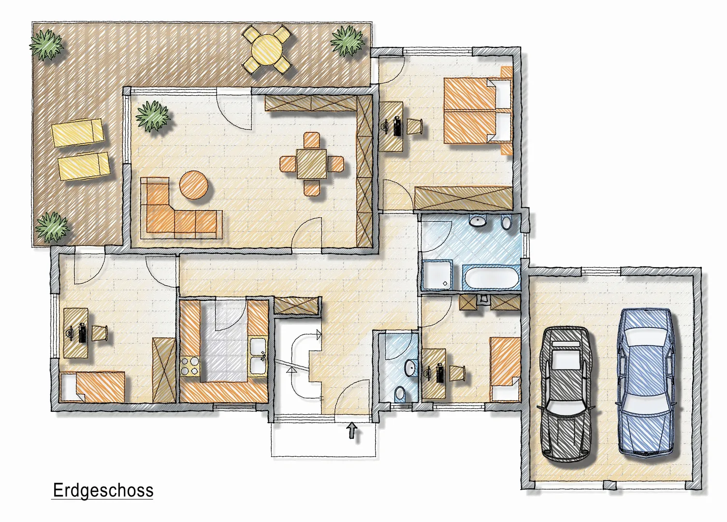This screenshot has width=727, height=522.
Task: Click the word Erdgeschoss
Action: [x=103, y=490]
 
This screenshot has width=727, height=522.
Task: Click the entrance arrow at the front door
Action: [x=352, y=430]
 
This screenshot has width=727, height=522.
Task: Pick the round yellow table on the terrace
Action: [x=268, y=49]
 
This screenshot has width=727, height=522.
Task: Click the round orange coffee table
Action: [x=194, y=185]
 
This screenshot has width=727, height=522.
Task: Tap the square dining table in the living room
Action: [x=312, y=164]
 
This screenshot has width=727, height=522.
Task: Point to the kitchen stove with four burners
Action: [x=189, y=366]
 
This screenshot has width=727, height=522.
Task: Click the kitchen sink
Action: [x=258, y=356]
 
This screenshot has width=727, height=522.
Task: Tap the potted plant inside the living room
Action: [x=153, y=116]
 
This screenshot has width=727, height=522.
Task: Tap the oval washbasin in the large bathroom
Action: [x=478, y=221]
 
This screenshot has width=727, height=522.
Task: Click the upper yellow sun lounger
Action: [x=77, y=132]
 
